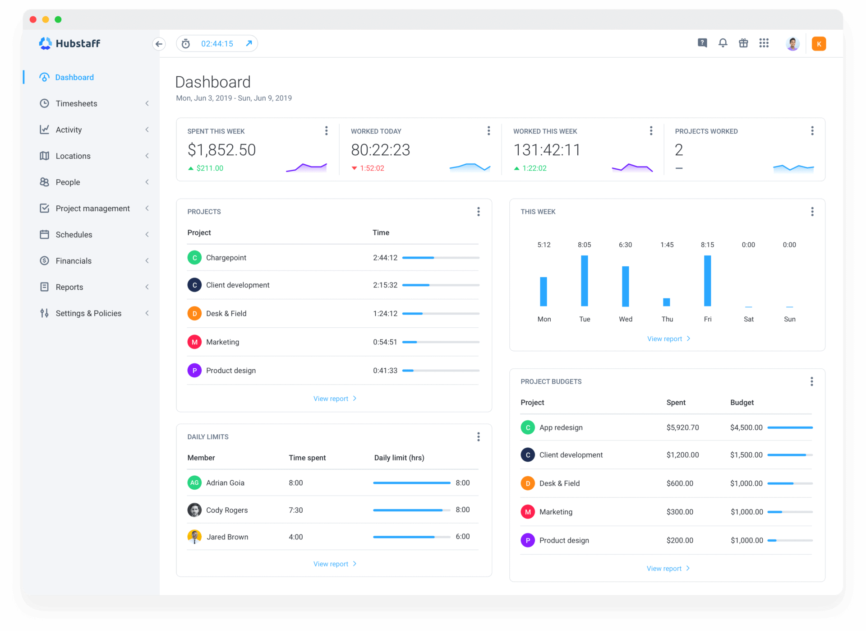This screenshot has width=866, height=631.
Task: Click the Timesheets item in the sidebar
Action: click(76, 103)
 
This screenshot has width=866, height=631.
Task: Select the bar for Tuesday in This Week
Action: click(584, 281)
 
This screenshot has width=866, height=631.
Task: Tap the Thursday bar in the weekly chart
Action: click(667, 302)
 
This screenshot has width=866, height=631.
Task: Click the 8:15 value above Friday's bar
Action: click(707, 245)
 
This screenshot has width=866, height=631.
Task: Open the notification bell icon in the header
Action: click(723, 43)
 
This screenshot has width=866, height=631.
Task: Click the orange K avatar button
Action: click(819, 44)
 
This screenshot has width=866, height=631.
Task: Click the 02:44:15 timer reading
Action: click(217, 44)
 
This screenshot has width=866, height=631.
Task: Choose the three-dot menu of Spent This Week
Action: click(326, 131)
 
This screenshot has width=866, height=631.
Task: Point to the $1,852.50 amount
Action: click(221, 150)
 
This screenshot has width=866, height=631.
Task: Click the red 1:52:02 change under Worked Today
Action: click(372, 168)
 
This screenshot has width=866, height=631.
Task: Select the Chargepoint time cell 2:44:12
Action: click(385, 258)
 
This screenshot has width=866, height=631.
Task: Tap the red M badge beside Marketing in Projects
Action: click(194, 342)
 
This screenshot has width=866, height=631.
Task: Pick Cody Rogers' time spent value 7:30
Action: click(296, 510)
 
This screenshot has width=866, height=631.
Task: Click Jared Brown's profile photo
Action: click(194, 537)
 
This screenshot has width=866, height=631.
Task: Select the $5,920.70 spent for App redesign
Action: click(682, 427)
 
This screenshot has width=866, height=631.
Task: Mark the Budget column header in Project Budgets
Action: click(742, 402)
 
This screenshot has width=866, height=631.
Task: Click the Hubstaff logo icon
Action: click(46, 43)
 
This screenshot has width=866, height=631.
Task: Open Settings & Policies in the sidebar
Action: click(88, 313)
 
